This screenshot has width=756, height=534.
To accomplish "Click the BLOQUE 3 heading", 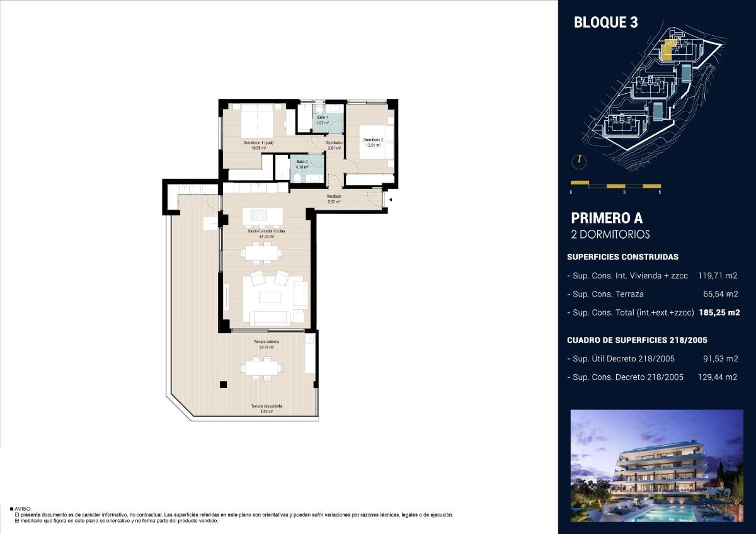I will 605,23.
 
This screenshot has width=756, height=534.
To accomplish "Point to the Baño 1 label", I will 322,120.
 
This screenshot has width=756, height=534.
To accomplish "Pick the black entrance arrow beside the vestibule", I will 391,200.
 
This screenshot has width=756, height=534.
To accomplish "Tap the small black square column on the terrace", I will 222,385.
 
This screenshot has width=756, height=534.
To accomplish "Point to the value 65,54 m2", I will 720,293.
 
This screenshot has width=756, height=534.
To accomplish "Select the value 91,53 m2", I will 720,359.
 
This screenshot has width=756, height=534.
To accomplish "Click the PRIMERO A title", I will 606,219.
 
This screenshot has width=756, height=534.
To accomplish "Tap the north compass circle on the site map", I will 578,161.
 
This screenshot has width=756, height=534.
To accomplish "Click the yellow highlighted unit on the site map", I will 667,50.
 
